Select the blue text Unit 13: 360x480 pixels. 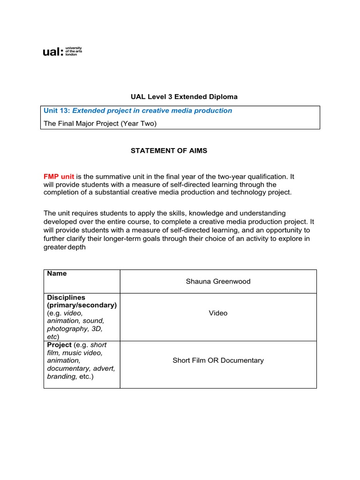pos(57,111)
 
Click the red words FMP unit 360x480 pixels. pos(59,177)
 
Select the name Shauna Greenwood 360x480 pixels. pos(218,282)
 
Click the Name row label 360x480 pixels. pos(57,274)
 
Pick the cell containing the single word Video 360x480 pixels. pos(218,313)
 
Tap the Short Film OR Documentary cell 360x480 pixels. pos(218,360)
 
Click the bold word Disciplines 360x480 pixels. pos(66,298)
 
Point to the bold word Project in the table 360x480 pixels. pos(59,345)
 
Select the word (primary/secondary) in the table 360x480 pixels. pos(82,305)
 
